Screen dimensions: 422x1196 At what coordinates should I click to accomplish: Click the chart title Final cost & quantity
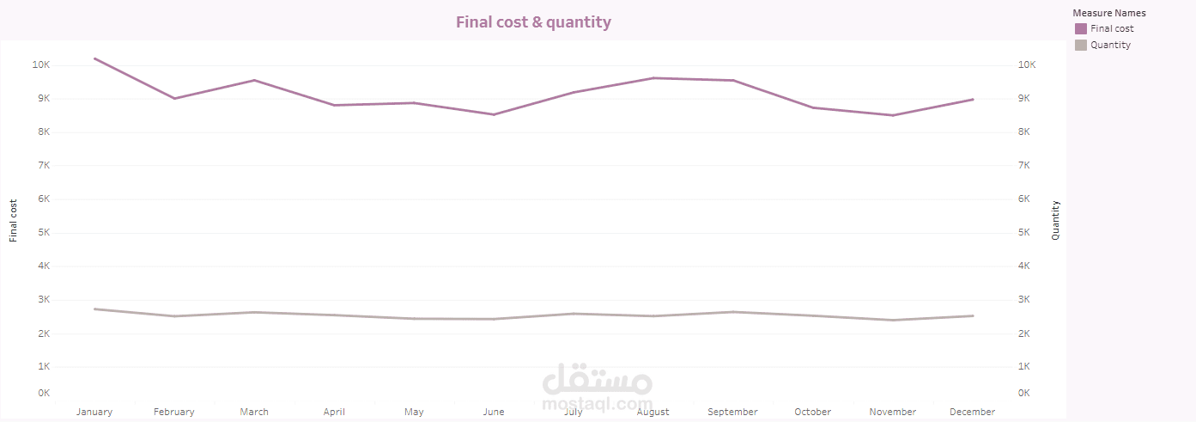point(533,22)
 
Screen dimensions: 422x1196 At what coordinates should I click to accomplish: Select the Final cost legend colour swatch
point(1080,28)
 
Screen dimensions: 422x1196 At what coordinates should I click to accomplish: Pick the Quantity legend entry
point(1110,45)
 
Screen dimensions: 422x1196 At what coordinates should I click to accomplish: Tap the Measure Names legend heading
point(1108,13)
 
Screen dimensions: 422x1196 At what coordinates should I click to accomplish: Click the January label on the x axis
point(94,412)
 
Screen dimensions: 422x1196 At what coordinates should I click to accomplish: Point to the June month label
point(494,412)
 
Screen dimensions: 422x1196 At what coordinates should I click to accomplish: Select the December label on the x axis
point(973,412)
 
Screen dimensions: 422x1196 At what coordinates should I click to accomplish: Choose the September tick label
point(732,412)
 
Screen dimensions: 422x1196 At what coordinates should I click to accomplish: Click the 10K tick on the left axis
point(41,64)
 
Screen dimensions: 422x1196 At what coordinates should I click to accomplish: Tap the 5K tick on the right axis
point(1027,232)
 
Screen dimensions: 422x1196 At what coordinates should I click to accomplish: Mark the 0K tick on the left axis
point(42,393)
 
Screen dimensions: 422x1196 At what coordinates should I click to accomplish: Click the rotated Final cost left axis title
point(13,221)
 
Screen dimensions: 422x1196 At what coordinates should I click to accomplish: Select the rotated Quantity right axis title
point(1056,220)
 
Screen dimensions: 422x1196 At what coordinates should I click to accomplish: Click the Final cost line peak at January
point(94,58)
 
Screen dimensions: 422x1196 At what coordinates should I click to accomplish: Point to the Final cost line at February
point(174,98)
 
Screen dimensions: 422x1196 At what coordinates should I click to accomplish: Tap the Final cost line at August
point(653,78)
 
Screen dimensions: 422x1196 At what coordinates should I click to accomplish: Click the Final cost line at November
point(893,115)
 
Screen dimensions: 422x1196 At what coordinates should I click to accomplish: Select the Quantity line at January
point(94,309)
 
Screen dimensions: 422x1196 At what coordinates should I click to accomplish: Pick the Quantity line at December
point(973,315)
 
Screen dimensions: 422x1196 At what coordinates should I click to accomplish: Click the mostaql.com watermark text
point(598,403)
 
